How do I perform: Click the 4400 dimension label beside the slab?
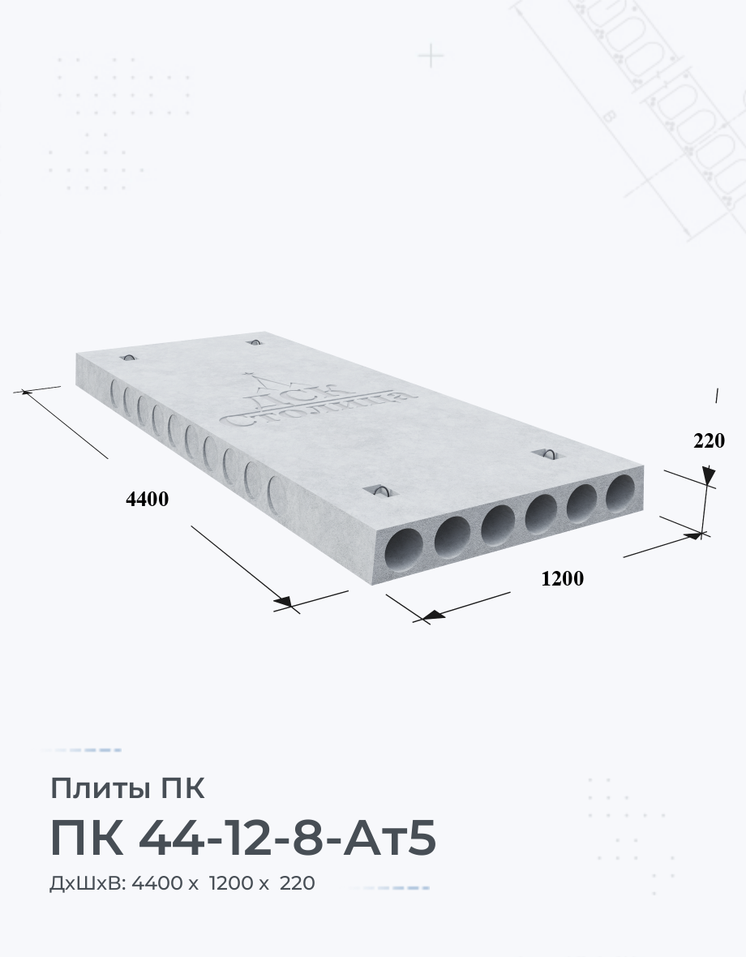(147, 500)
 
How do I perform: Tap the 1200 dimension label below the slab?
(563, 578)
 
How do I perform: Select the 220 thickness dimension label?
(709, 440)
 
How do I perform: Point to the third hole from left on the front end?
(497, 526)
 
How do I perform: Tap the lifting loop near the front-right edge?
(548, 453)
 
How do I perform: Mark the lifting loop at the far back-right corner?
(255, 341)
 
